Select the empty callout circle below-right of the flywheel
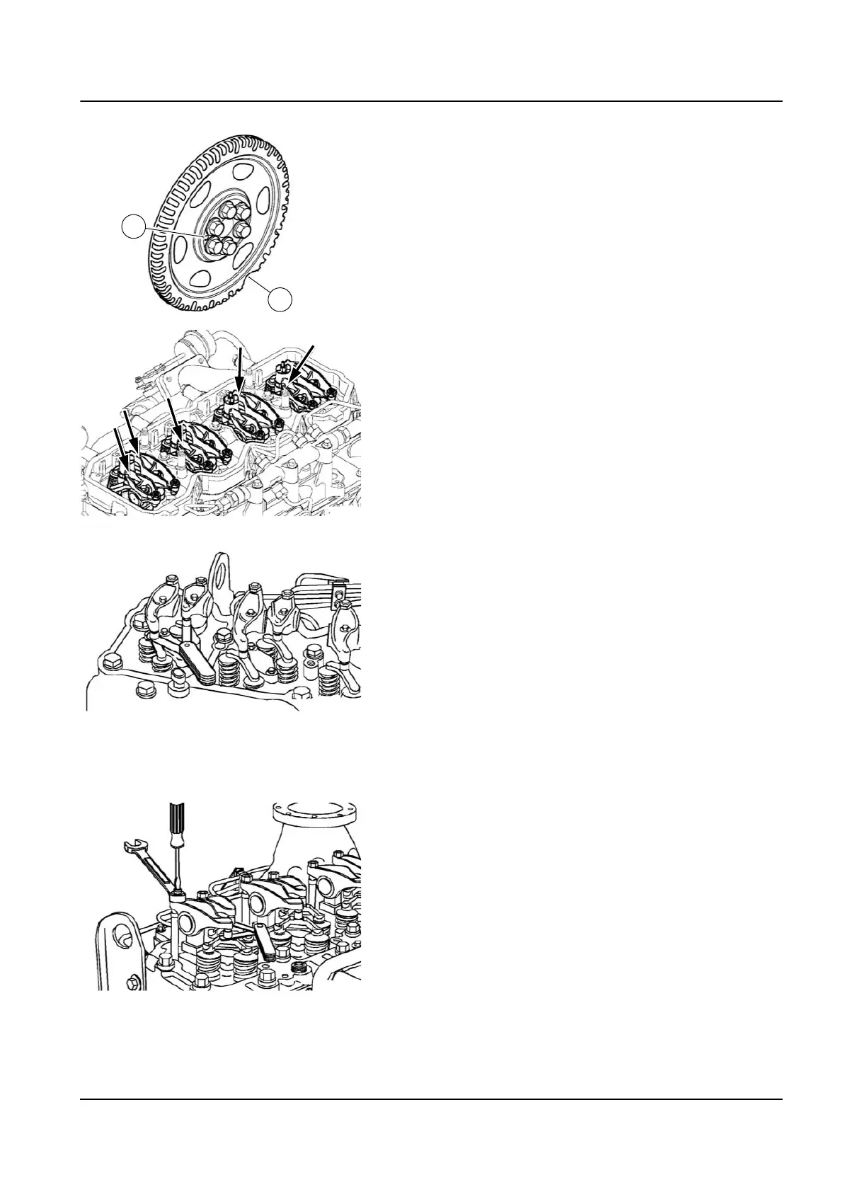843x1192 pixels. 281,299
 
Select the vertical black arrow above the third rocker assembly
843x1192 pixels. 239,370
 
